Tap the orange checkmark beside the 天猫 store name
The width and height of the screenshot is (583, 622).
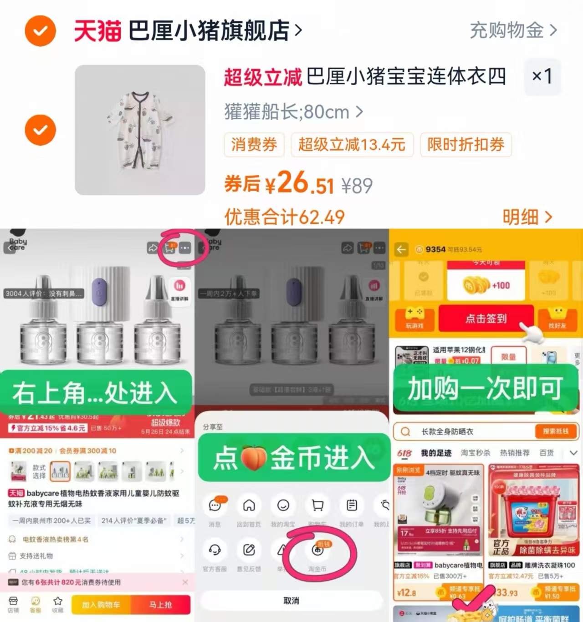[41, 31]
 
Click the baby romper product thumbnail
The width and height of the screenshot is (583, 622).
[140, 130]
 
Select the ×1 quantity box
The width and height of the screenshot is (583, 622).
[542, 76]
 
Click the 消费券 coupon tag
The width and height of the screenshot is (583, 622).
[254, 145]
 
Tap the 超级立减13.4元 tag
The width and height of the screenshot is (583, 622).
[352, 145]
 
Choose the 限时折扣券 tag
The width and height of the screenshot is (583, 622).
[465, 145]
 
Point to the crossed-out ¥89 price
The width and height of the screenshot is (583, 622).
[357, 186]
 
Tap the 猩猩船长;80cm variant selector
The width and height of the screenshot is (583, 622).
[293, 112]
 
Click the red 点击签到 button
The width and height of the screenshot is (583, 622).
[486, 319]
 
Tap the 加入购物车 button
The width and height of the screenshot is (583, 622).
[101, 605]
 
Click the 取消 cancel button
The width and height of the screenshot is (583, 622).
[291, 601]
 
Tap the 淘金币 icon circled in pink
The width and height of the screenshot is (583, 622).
[318, 551]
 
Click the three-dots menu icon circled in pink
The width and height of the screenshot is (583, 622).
[185, 248]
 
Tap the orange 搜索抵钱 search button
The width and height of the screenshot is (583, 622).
[555, 431]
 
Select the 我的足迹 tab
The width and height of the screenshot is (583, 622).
[436, 453]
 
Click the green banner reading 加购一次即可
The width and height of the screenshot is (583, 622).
[486, 388]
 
